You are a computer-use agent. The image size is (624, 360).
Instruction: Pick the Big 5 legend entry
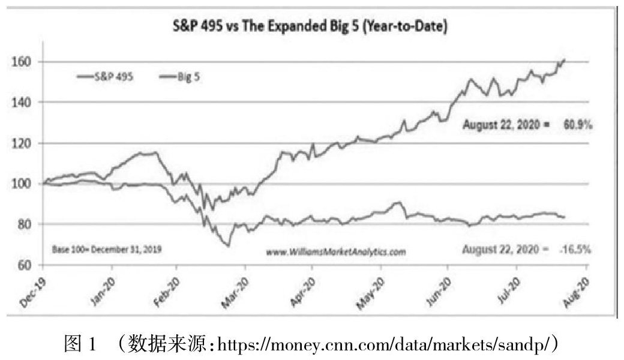click(x=187, y=77)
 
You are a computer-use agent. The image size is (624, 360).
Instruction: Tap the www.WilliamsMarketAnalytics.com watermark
click(x=336, y=252)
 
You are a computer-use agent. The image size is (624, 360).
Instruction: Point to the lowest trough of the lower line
click(x=228, y=245)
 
